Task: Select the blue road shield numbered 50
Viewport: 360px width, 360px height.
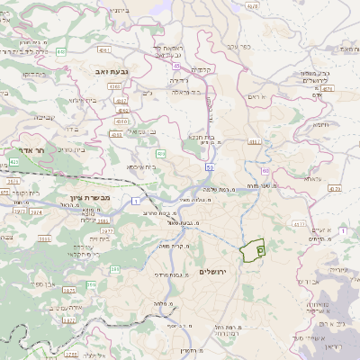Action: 209,166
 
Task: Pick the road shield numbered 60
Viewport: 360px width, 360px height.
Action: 265,169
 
